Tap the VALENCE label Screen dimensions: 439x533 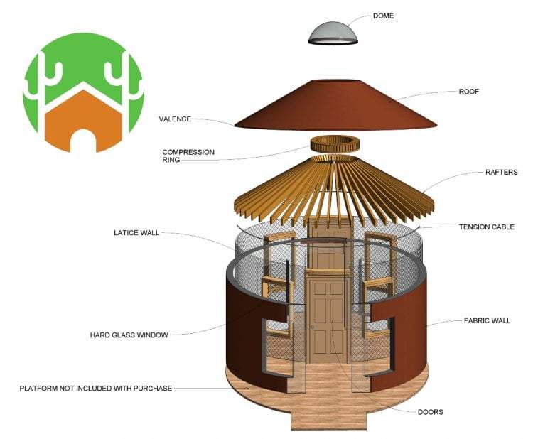point(175,119)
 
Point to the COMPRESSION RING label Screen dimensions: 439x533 point(188,156)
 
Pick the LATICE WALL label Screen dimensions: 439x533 point(138,232)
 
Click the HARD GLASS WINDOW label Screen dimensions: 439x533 point(129,335)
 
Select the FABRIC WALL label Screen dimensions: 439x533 point(486,321)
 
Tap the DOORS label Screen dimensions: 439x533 point(431,411)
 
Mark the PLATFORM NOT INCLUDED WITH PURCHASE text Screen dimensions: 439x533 point(96,389)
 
